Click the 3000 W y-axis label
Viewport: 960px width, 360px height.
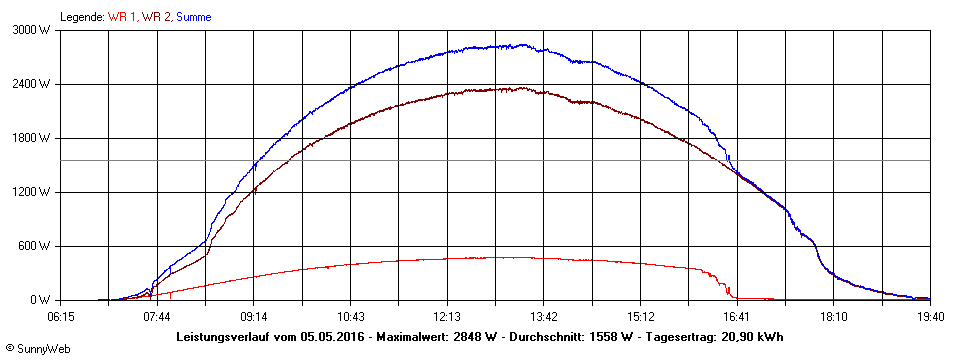[33, 30]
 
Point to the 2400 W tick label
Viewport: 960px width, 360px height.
[33, 84]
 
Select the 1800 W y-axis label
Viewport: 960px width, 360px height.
[33, 138]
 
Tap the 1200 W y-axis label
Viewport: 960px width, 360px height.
[33, 192]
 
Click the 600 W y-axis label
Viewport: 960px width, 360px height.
[36, 246]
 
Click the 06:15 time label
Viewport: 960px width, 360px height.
[61, 316]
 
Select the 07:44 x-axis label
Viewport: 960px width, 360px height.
[157, 316]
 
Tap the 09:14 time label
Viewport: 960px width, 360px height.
[254, 316]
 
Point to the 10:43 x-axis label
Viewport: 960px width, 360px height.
[351, 316]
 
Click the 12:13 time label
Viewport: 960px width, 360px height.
[447, 316]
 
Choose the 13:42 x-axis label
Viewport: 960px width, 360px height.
[544, 316]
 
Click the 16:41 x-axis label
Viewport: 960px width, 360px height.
[737, 316]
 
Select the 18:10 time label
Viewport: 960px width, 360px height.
[834, 316]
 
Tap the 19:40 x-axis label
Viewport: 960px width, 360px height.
[930, 316]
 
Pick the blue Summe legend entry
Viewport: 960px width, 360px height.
[193, 17]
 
